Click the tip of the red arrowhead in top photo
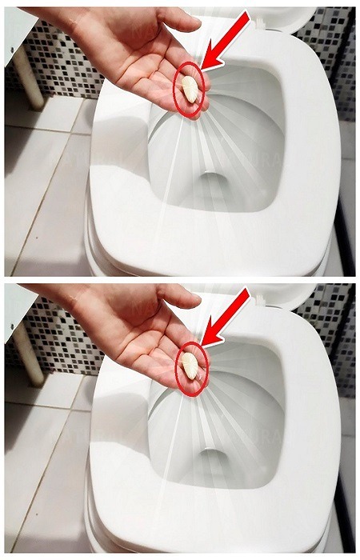pos(202,67)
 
